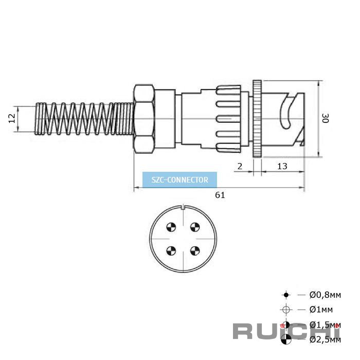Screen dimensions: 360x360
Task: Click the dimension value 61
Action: coord(220,195)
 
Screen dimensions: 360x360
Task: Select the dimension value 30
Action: coord(325,118)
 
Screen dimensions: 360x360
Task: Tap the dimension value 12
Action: coord(12,118)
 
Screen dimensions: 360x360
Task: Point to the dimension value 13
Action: coord(282,166)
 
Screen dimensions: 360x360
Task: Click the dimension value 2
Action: coord(240,166)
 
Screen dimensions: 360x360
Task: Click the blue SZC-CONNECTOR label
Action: coord(180,180)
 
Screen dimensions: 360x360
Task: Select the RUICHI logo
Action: coord(286,331)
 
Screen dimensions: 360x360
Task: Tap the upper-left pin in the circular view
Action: coord(171,227)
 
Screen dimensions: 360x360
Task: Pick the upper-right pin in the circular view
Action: coord(195,227)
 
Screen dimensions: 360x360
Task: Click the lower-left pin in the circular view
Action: coord(171,251)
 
